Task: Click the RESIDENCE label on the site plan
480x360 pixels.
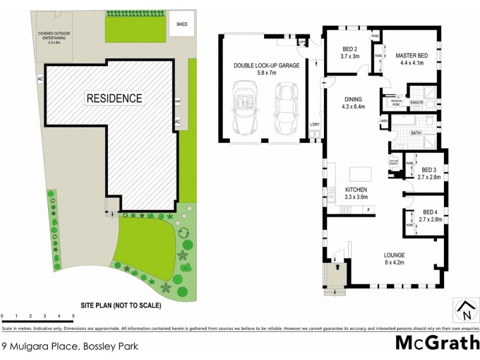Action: (115, 98)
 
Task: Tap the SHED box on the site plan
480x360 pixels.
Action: (181, 25)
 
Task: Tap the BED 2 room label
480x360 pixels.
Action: (350, 53)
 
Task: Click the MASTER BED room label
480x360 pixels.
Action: (410, 59)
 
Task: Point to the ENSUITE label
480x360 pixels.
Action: (417, 103)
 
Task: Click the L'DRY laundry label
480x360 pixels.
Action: (314, 124)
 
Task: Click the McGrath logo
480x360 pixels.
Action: (436, 343)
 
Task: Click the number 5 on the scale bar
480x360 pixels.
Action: (73, 315)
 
